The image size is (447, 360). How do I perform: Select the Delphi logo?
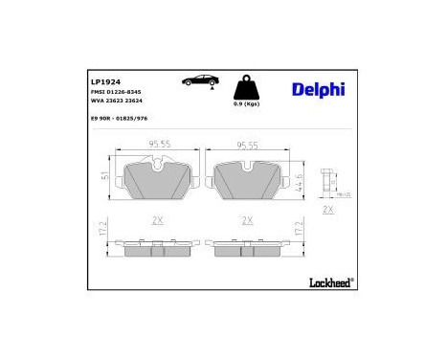[317, 89]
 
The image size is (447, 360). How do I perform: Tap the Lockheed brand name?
[331, 281]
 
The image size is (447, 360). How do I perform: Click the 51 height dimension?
[104, 175]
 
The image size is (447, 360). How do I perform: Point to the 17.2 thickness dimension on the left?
[103, 231]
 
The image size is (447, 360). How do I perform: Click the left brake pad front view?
[158, 179]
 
